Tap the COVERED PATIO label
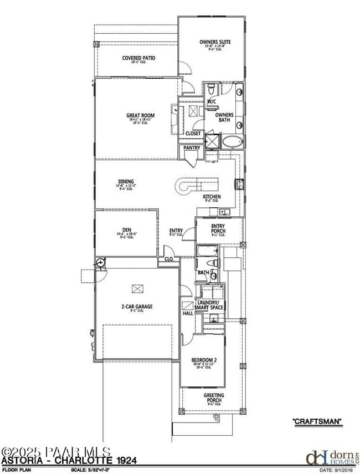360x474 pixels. click(138, 58)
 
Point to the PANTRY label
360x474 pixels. click(192, 148)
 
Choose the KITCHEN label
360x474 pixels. click(212, 197)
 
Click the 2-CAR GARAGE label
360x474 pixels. click(137, 306)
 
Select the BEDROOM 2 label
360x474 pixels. click(204, 360)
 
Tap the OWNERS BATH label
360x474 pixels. click(224, 118)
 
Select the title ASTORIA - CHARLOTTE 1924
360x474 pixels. click(69, 461)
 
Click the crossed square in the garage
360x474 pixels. click(137, 288)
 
